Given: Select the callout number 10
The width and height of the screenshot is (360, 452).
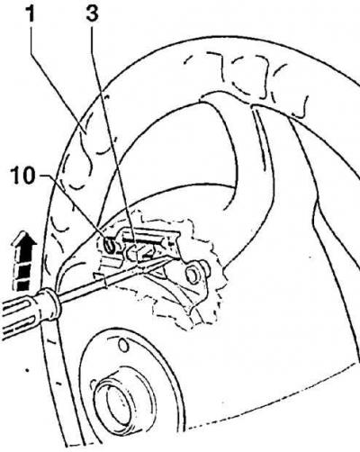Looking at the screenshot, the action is [x=23, y=176].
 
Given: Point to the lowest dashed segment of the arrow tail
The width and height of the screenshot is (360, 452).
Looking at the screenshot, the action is [x=22, y=285].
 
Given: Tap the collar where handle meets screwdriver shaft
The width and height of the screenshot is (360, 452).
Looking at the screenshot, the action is [x=51, y=303].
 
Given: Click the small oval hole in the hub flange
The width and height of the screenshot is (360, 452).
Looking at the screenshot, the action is [x=123, y=346].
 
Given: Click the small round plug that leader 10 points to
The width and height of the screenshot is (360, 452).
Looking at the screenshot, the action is [x=109, y=243].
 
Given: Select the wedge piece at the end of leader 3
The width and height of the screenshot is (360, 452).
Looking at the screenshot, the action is [x=137, y=251].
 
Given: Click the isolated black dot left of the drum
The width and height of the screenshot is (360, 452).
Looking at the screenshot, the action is [x=27, y=370].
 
